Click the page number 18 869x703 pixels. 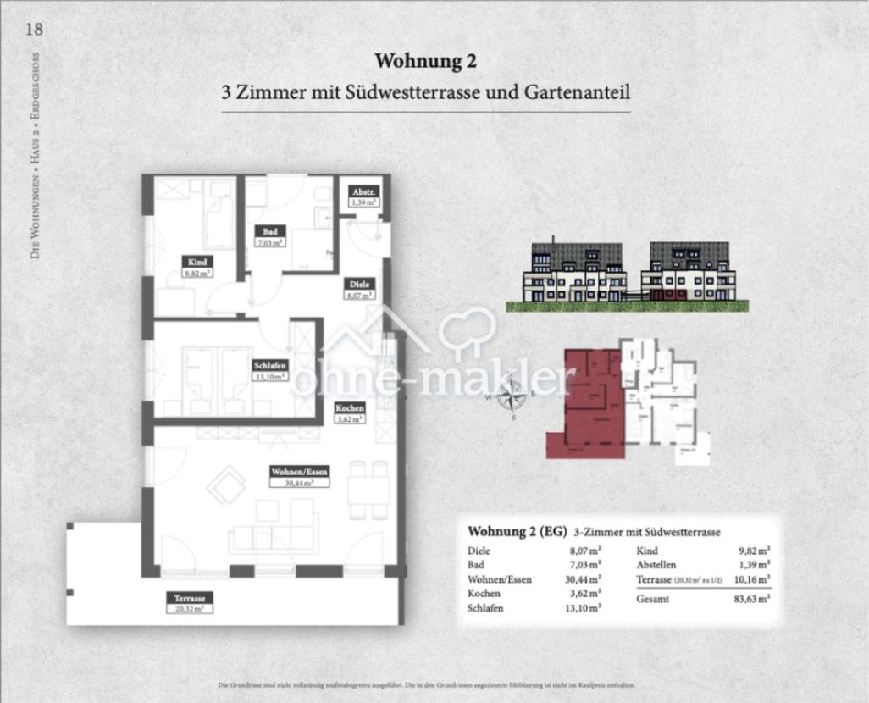[x=34, y=29]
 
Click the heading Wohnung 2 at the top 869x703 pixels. [x=425, y=61]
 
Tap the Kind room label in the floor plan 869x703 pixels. [x=197, y=263]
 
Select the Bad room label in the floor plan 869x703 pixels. [x=270, y=231]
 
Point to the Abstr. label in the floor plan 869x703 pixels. [x=364, y=192]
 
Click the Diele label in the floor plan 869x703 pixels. [x=356, y=285]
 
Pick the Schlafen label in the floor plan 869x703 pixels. [x=269, y=365]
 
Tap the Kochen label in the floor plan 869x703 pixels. [x=349, y=407]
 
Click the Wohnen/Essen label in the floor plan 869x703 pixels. [x=299, y=471]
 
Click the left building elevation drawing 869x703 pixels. [x=577, y=272]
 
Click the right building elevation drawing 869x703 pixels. [x=688, y=272]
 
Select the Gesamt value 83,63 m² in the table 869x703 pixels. [x=752, y=599]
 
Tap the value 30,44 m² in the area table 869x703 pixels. [x=584, y=579]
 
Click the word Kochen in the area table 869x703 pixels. [x=484, y=594]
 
